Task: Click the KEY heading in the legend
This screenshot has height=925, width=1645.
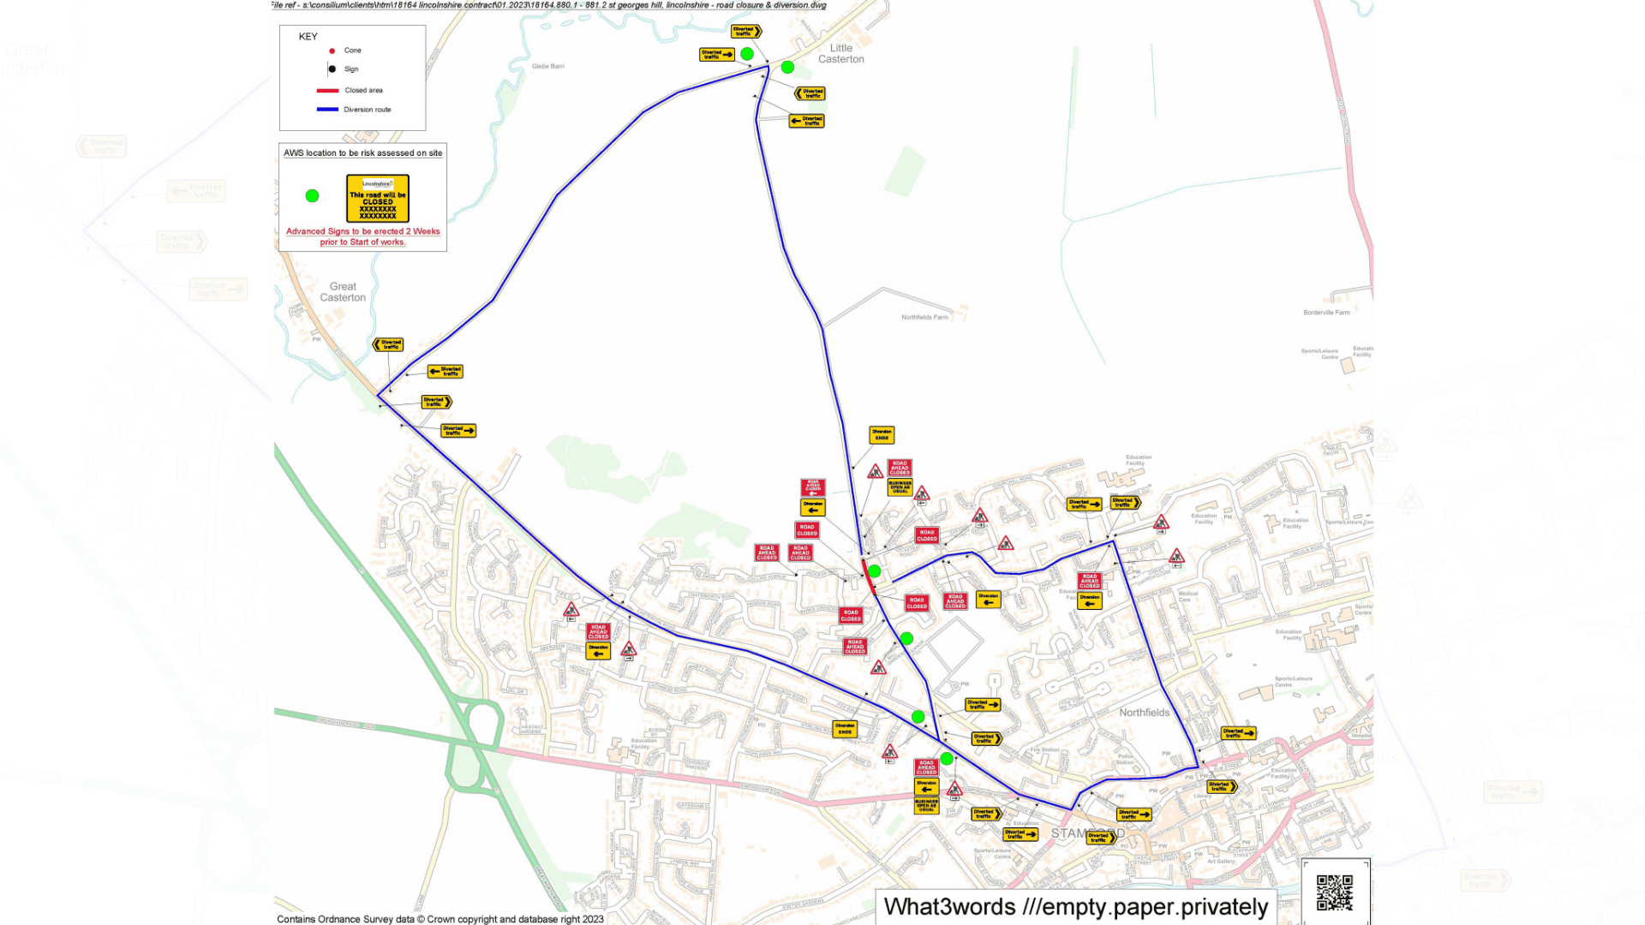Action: (x=308, y=37)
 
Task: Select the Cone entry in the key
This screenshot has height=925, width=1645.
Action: (x=352, y=51)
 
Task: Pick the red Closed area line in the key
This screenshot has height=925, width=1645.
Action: (x=328, y=91)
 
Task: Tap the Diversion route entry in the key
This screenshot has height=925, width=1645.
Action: (x=367, y=110)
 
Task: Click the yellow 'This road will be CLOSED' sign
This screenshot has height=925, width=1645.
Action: (x=378, y=199)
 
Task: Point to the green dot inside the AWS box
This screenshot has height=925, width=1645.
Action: (x=313, y=196)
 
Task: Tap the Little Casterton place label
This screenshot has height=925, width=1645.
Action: (x=840, y=54)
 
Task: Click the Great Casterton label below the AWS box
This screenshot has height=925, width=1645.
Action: (x=343, y=292)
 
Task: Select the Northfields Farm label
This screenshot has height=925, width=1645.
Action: (x=924, y=318)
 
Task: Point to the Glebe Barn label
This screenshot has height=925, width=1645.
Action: (x=547, y=66)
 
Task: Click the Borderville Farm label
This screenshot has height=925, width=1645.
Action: (x=1326, y=313)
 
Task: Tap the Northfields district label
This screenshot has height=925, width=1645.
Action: (x=1144, y=713)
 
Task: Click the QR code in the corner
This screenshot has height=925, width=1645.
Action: (x=1334, y=892)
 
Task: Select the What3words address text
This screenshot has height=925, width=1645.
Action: (x=1075, y=907)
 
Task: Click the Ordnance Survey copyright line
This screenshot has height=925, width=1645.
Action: (x=440, y=919)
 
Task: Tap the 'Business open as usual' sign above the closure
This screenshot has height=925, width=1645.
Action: (x=900, y=487)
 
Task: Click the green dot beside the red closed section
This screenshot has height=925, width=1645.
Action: (x=875, y=570)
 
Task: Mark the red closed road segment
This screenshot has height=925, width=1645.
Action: (x=867, y=577)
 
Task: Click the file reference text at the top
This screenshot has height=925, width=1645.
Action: (x=548, y=5)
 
